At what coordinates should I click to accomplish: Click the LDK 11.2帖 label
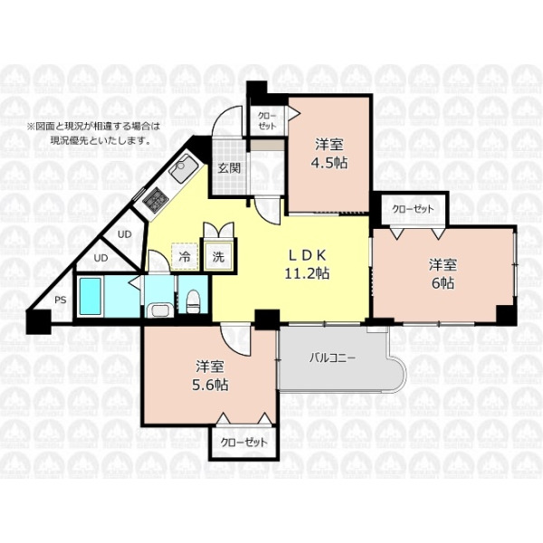point(307,264)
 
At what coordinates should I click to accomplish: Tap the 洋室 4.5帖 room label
point(329,154)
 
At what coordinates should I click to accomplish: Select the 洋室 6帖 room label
point(443,274)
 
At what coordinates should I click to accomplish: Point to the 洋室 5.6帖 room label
point(210,376)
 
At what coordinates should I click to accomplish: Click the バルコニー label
point(332,357)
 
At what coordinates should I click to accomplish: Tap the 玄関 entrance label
point(229,168)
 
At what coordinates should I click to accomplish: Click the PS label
point(61,300)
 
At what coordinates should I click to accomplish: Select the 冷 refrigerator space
point(185,257)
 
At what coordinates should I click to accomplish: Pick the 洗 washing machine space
point(218,256)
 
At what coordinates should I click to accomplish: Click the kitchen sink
point(184,169)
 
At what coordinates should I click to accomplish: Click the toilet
point(192,302)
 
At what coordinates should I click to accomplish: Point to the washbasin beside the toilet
point(160,310)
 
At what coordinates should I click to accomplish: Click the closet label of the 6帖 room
point(413,209)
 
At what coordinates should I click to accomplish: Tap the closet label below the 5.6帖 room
point(244,443)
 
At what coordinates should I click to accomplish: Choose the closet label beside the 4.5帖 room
point(267,121)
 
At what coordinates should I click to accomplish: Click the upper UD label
point(124,234)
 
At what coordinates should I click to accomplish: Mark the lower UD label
point(101,258)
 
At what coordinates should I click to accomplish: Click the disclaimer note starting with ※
point(94,133)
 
